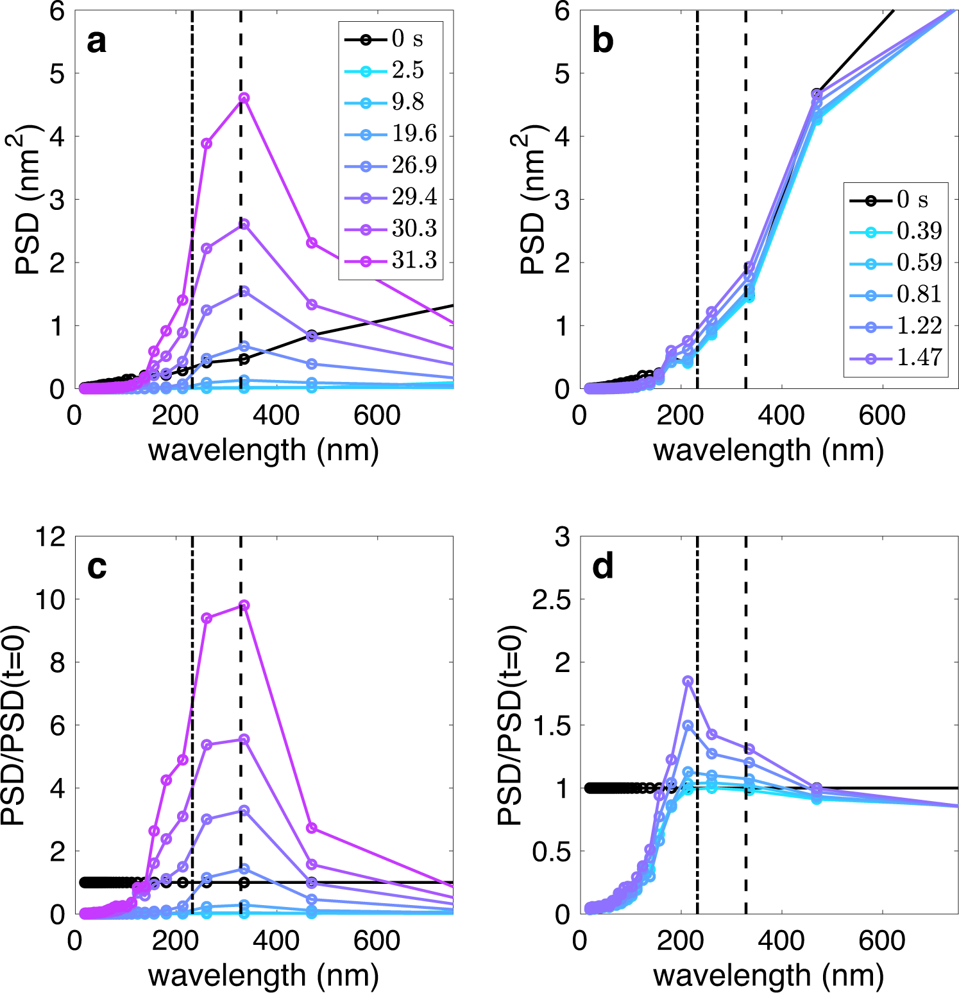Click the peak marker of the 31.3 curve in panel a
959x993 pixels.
(x=244, y=98)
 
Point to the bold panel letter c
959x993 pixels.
(x=96, y=566)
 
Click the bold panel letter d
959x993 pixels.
(x=602, y=566)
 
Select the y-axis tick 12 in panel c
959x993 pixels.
(x=51, y=537)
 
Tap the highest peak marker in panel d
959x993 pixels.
(x=688, y=681)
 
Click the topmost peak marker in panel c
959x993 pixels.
(x=244, y=605)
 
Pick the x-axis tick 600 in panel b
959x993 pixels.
(x=882, y=415)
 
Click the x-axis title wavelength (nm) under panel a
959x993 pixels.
(x=263, y=450)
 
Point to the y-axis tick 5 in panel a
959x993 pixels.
(x=57, y=74)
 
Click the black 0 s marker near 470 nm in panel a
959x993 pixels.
(x=312, y=335)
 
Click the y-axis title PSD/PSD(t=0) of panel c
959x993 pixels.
(x=13, y=725)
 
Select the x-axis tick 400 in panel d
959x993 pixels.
(x=781, y=941)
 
